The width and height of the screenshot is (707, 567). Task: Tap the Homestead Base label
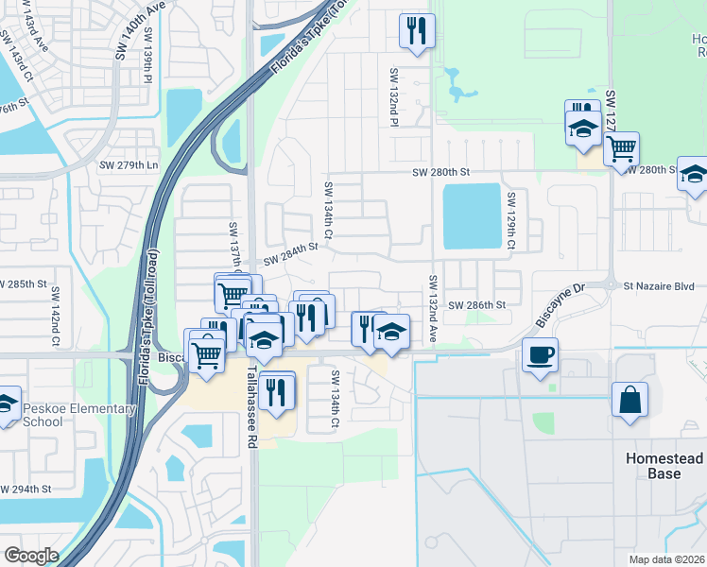(x=664, y=465)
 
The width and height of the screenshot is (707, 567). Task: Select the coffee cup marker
(x=540, y=355)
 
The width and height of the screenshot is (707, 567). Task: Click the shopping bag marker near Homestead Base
(x=629, y=399)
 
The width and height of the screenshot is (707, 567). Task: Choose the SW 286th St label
(x=478, y=305)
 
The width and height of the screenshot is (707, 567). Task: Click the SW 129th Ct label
(x=510, y=221)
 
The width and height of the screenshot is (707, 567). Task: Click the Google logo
(x=31, y=555)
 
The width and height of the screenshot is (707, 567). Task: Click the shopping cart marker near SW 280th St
(x=621, y=147)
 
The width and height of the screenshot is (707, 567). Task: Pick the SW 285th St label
(x=23, y=284)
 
